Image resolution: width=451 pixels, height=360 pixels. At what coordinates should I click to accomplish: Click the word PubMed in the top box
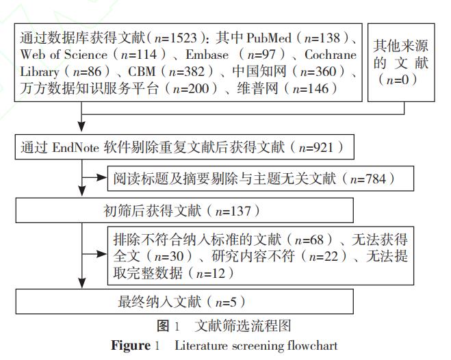pos(269,38)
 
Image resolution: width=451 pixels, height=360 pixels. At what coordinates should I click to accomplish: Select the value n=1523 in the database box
pos(175,38)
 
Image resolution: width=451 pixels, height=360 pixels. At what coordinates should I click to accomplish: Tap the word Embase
pos(207,55)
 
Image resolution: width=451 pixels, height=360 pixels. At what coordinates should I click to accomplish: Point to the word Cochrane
pos(331,55)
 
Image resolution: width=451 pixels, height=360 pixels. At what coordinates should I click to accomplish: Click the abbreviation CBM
pos(142,72)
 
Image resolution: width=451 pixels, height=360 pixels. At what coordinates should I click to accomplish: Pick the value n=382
pos(187,72)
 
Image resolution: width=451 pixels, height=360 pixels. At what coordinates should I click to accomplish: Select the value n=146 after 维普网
pos(310,88)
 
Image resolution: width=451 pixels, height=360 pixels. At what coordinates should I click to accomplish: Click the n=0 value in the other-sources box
pos(398,79)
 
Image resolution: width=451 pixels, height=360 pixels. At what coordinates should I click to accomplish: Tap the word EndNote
pos(76,148)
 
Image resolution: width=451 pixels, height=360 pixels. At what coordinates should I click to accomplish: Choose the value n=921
pos(316,148)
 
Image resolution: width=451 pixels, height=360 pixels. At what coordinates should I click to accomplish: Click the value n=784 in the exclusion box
pos(368,179)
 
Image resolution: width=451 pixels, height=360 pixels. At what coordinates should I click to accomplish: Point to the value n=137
pos(233,211)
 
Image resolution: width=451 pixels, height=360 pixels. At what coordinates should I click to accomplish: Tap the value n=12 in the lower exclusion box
pos(211,273)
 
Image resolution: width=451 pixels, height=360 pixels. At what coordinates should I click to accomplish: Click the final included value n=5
pos(226,302)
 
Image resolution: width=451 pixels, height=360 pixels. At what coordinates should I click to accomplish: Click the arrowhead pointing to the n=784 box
pos(102,178)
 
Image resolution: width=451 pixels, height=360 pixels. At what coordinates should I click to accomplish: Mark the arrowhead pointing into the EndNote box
pos(82,127)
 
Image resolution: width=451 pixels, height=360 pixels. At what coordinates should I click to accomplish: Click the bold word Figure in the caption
pos(131,346)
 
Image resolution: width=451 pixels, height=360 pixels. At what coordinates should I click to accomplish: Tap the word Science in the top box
pos(86,55)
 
